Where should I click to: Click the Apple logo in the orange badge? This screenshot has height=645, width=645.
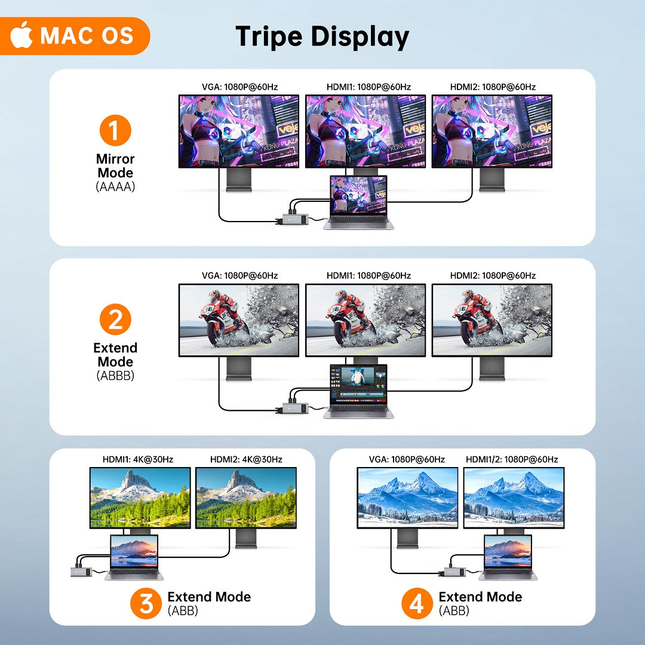pyautogui.click(x=21, y=35)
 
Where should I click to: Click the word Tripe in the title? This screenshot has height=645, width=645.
pyautogui.click(x=269, y=37)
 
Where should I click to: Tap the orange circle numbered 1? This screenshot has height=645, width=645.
pyautogui.click(x=115, y=130)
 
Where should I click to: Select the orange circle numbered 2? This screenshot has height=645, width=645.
pyautogui.click(x=115, y=319)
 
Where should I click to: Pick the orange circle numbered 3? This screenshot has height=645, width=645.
pyautogui.click(x=146, y=603)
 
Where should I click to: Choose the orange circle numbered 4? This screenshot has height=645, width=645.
pyautogui.click(x=417, y=603)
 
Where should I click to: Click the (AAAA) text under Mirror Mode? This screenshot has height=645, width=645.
pyautogui.click(x=115, y=187)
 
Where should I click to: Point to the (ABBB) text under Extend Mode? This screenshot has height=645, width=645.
pyautogui.click(x=115, y=376)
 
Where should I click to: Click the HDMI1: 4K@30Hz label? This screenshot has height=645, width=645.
pyautogui.click(x=138, y=459)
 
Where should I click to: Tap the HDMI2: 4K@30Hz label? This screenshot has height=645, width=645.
pyautogui.click(x=246, y=459)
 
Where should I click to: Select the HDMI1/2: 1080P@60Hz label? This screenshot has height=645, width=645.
pyautogui.click(x=512, y=459)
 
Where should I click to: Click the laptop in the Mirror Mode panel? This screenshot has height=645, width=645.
pyautogui.click(x=359, y=202)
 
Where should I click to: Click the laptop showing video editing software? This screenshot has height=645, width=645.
pyautogui.click(x=359, y=391)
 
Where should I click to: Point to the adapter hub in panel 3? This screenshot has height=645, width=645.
pyautogui.click(x=81, y=572)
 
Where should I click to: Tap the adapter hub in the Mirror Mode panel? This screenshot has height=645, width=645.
pyautogui.click(x=293, y=219)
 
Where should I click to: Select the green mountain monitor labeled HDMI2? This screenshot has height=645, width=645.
pyautogui.click(x=246, y=497)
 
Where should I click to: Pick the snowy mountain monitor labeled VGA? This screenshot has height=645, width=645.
pyautogui.click(x=407, y=497)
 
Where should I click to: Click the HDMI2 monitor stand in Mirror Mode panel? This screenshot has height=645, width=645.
pyautogui.click(x=492, y=180)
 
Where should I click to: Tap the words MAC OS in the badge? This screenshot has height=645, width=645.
pyautogui.click(x=87, y=35)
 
